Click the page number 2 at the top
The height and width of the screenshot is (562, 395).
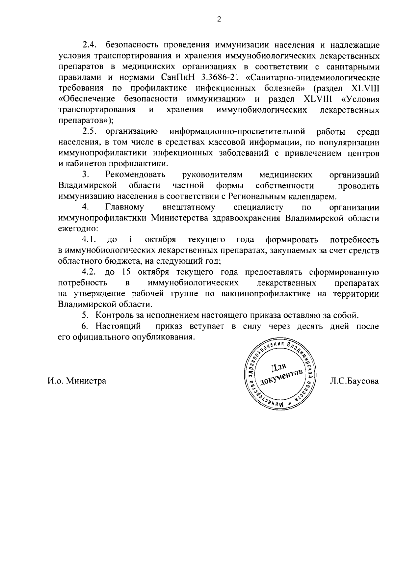pos(219,19)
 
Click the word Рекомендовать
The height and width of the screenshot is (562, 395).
pos(135,175)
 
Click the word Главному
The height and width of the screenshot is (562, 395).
pos(124,207)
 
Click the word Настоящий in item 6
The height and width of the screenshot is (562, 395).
pos(118,326)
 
